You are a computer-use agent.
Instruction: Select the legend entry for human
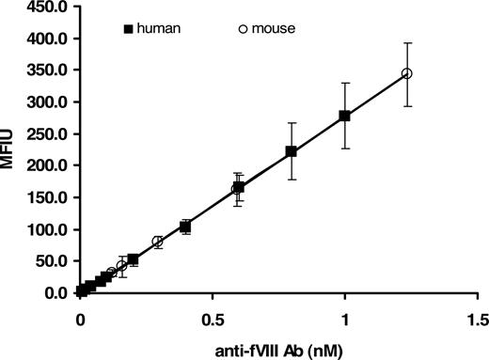point(152,28)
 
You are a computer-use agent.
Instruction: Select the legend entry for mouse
point(267,28)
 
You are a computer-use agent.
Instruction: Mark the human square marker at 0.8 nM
point(292,151)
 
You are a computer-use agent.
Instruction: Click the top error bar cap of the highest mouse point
point(406,42)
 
